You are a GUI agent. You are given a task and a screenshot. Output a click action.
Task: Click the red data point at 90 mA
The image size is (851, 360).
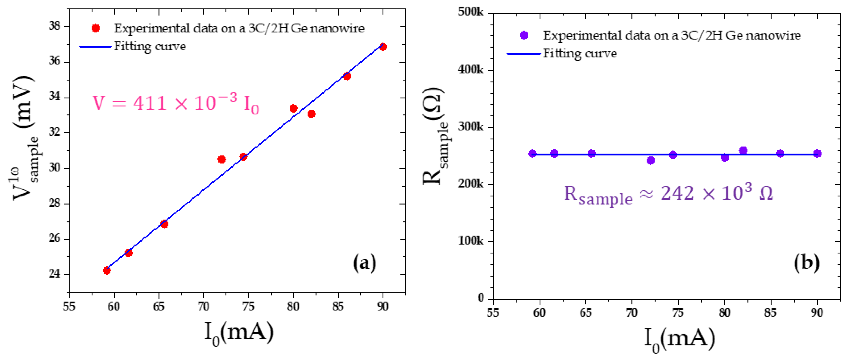point(383,47)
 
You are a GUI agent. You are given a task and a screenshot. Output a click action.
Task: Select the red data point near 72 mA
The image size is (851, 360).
point(222,160)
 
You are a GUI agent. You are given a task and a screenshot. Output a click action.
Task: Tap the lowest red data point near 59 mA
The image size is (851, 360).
point(107,271)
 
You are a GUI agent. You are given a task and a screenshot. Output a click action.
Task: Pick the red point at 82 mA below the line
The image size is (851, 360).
point(311,114)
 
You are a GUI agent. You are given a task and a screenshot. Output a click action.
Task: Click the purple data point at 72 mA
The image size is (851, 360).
point(650,161)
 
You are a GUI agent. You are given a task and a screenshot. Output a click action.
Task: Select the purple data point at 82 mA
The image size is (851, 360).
point(743,151)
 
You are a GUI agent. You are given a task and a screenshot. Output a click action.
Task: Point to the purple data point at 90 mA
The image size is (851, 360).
point(817,154)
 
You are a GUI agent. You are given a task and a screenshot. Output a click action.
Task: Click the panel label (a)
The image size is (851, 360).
point(365,263)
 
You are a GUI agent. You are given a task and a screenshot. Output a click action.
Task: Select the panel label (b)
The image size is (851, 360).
point(806,263)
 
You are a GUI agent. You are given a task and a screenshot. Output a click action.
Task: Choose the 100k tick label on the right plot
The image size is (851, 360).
point(471,241)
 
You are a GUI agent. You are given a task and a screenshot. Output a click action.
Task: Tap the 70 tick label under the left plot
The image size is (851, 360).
point(203,307)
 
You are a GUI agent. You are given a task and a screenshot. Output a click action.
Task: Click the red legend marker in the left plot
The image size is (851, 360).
point(95,28)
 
